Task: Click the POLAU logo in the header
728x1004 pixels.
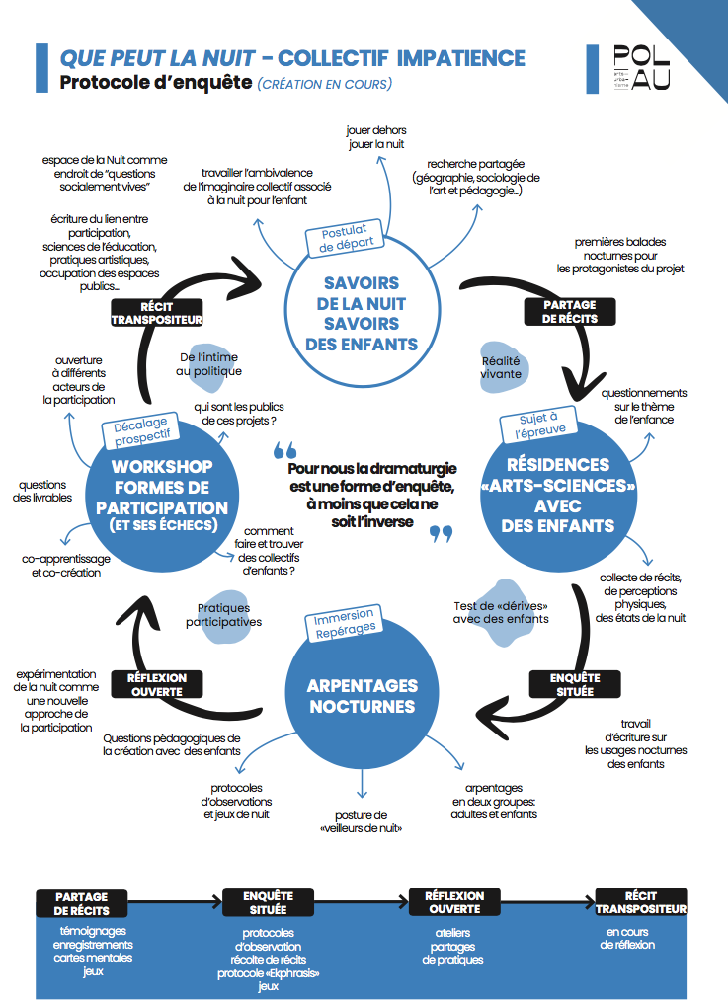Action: pyautogui.click(x=641, y=68)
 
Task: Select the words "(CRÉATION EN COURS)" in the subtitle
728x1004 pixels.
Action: pyautogui.click(x=324, y=85)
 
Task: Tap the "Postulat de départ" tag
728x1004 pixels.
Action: pyautogui.click(x=346, y=238)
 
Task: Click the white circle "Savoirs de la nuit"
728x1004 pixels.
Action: pyautogui.click(x=363, y=310)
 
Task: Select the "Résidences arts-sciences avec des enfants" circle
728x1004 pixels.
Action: pyautogui.click(x=558, y=495)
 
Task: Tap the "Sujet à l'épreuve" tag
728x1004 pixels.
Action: pyautogui.click(x=539, y=425)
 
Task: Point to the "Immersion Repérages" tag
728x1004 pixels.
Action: pyautogui.click(x=344, y=623)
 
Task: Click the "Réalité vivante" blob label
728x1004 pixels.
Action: pyautogui.click(x=501, y=367)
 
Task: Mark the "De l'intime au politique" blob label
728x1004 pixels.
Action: pyautogui.click(x=208, y=364)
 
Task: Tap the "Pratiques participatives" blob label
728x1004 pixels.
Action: pyautogui.click(x=223, y=615)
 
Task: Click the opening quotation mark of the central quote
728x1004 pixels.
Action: pyautogui.click(x=284, y=450)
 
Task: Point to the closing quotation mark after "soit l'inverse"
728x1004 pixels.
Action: pyautogui.click(x=441, y=533)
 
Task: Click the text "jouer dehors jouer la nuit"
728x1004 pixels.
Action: pyautogui.click(x=376, y=137)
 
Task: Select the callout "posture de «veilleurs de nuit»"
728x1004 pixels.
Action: pyautogui.click(x=361, y=821)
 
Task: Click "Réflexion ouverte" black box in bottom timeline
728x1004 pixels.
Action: pyautogui.click(x=454, y=902)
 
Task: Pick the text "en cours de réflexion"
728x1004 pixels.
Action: pyautogui.click(x=627, y=938)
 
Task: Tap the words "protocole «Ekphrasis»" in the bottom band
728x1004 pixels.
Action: pyautogui.click(x=268, y=973)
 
